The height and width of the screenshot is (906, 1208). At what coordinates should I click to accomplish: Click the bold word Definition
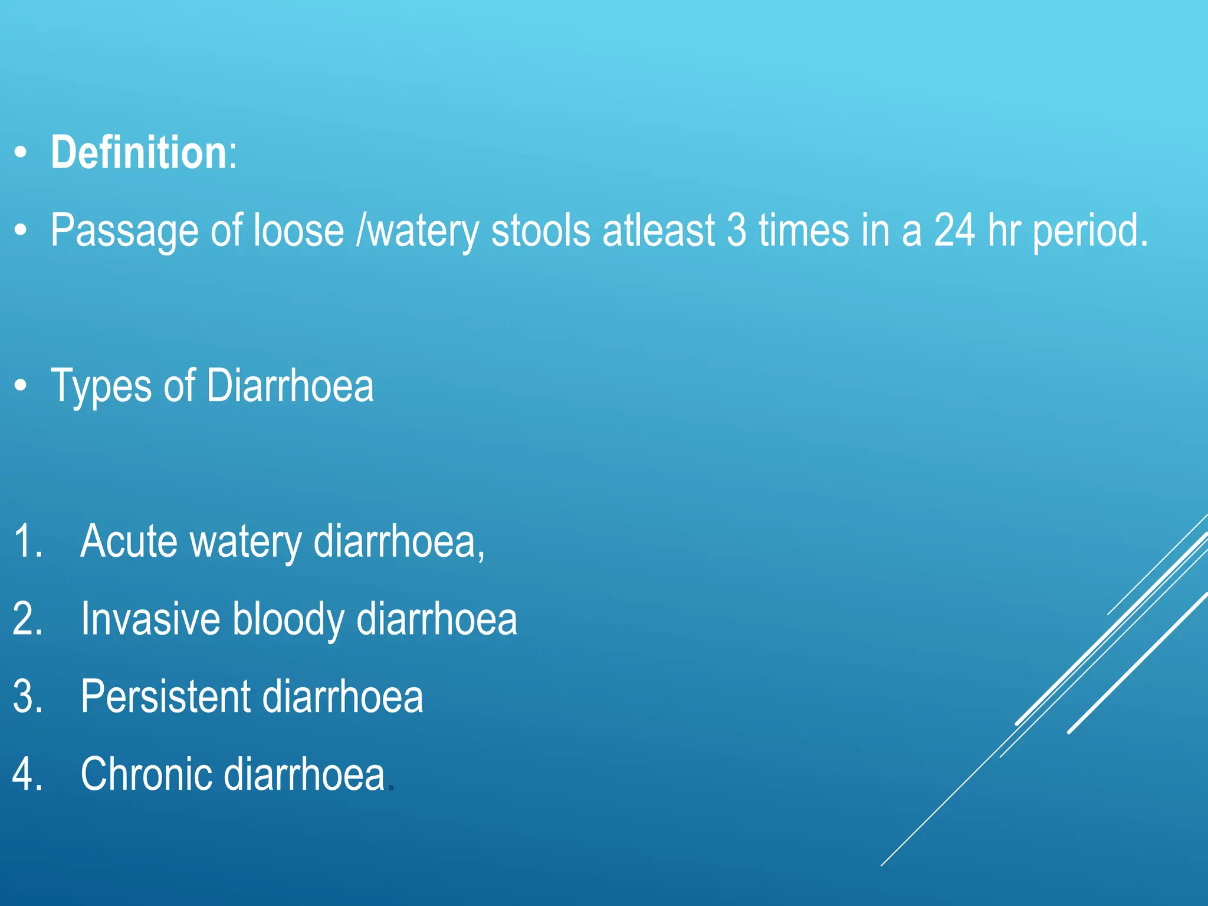tap(139, 153)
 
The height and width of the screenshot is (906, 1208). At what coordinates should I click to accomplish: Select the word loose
tap(298, 229)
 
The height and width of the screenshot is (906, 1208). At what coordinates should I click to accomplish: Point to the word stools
tap(540, 229)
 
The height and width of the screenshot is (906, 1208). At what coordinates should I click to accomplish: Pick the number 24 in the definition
tap(954, 229)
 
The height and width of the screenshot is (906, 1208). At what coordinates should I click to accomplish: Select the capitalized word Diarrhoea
tap(290, 385)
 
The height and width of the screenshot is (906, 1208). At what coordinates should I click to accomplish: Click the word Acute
tap(129, 540)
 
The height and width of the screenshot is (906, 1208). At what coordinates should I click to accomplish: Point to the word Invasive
tap(150, 619)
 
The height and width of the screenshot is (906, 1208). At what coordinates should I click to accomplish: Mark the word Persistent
tap(165, 697)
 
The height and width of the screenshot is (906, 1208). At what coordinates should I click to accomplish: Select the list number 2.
tap(26, 619)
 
